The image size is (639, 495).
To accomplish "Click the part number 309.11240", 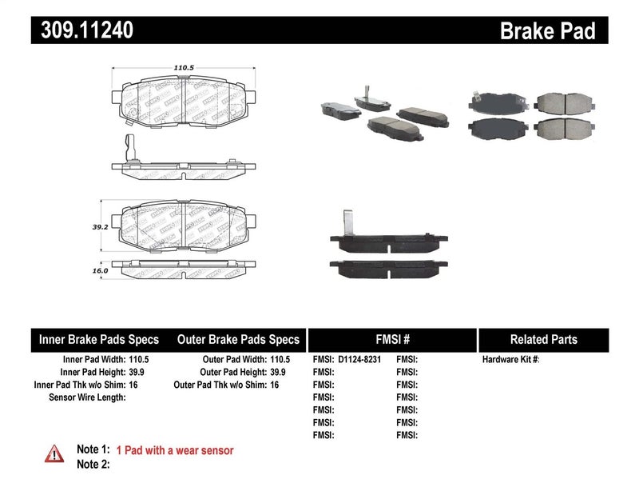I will (x=82, y=30).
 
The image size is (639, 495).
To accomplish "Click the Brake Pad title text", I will (x=548, y=31).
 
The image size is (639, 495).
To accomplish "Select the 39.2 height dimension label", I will (x=99, y=226).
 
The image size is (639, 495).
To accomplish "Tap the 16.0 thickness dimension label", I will (x=99, y=271).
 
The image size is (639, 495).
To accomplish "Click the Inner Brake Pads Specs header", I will (x=99, y=339).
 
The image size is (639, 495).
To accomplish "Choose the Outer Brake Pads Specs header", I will (x=237, y=339).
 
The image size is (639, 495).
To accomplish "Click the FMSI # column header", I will (x=391, y=339).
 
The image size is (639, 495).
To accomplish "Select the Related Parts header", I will (x=543, y=339).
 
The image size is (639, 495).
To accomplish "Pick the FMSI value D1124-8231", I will (x=360, y=360).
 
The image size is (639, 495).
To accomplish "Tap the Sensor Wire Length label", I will (x=87, y=397).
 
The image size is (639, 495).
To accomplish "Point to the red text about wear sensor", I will (x=175, y=450).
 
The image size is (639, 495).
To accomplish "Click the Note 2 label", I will (x=93, y=464).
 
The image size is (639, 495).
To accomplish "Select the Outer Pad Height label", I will (x=232, y=373).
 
